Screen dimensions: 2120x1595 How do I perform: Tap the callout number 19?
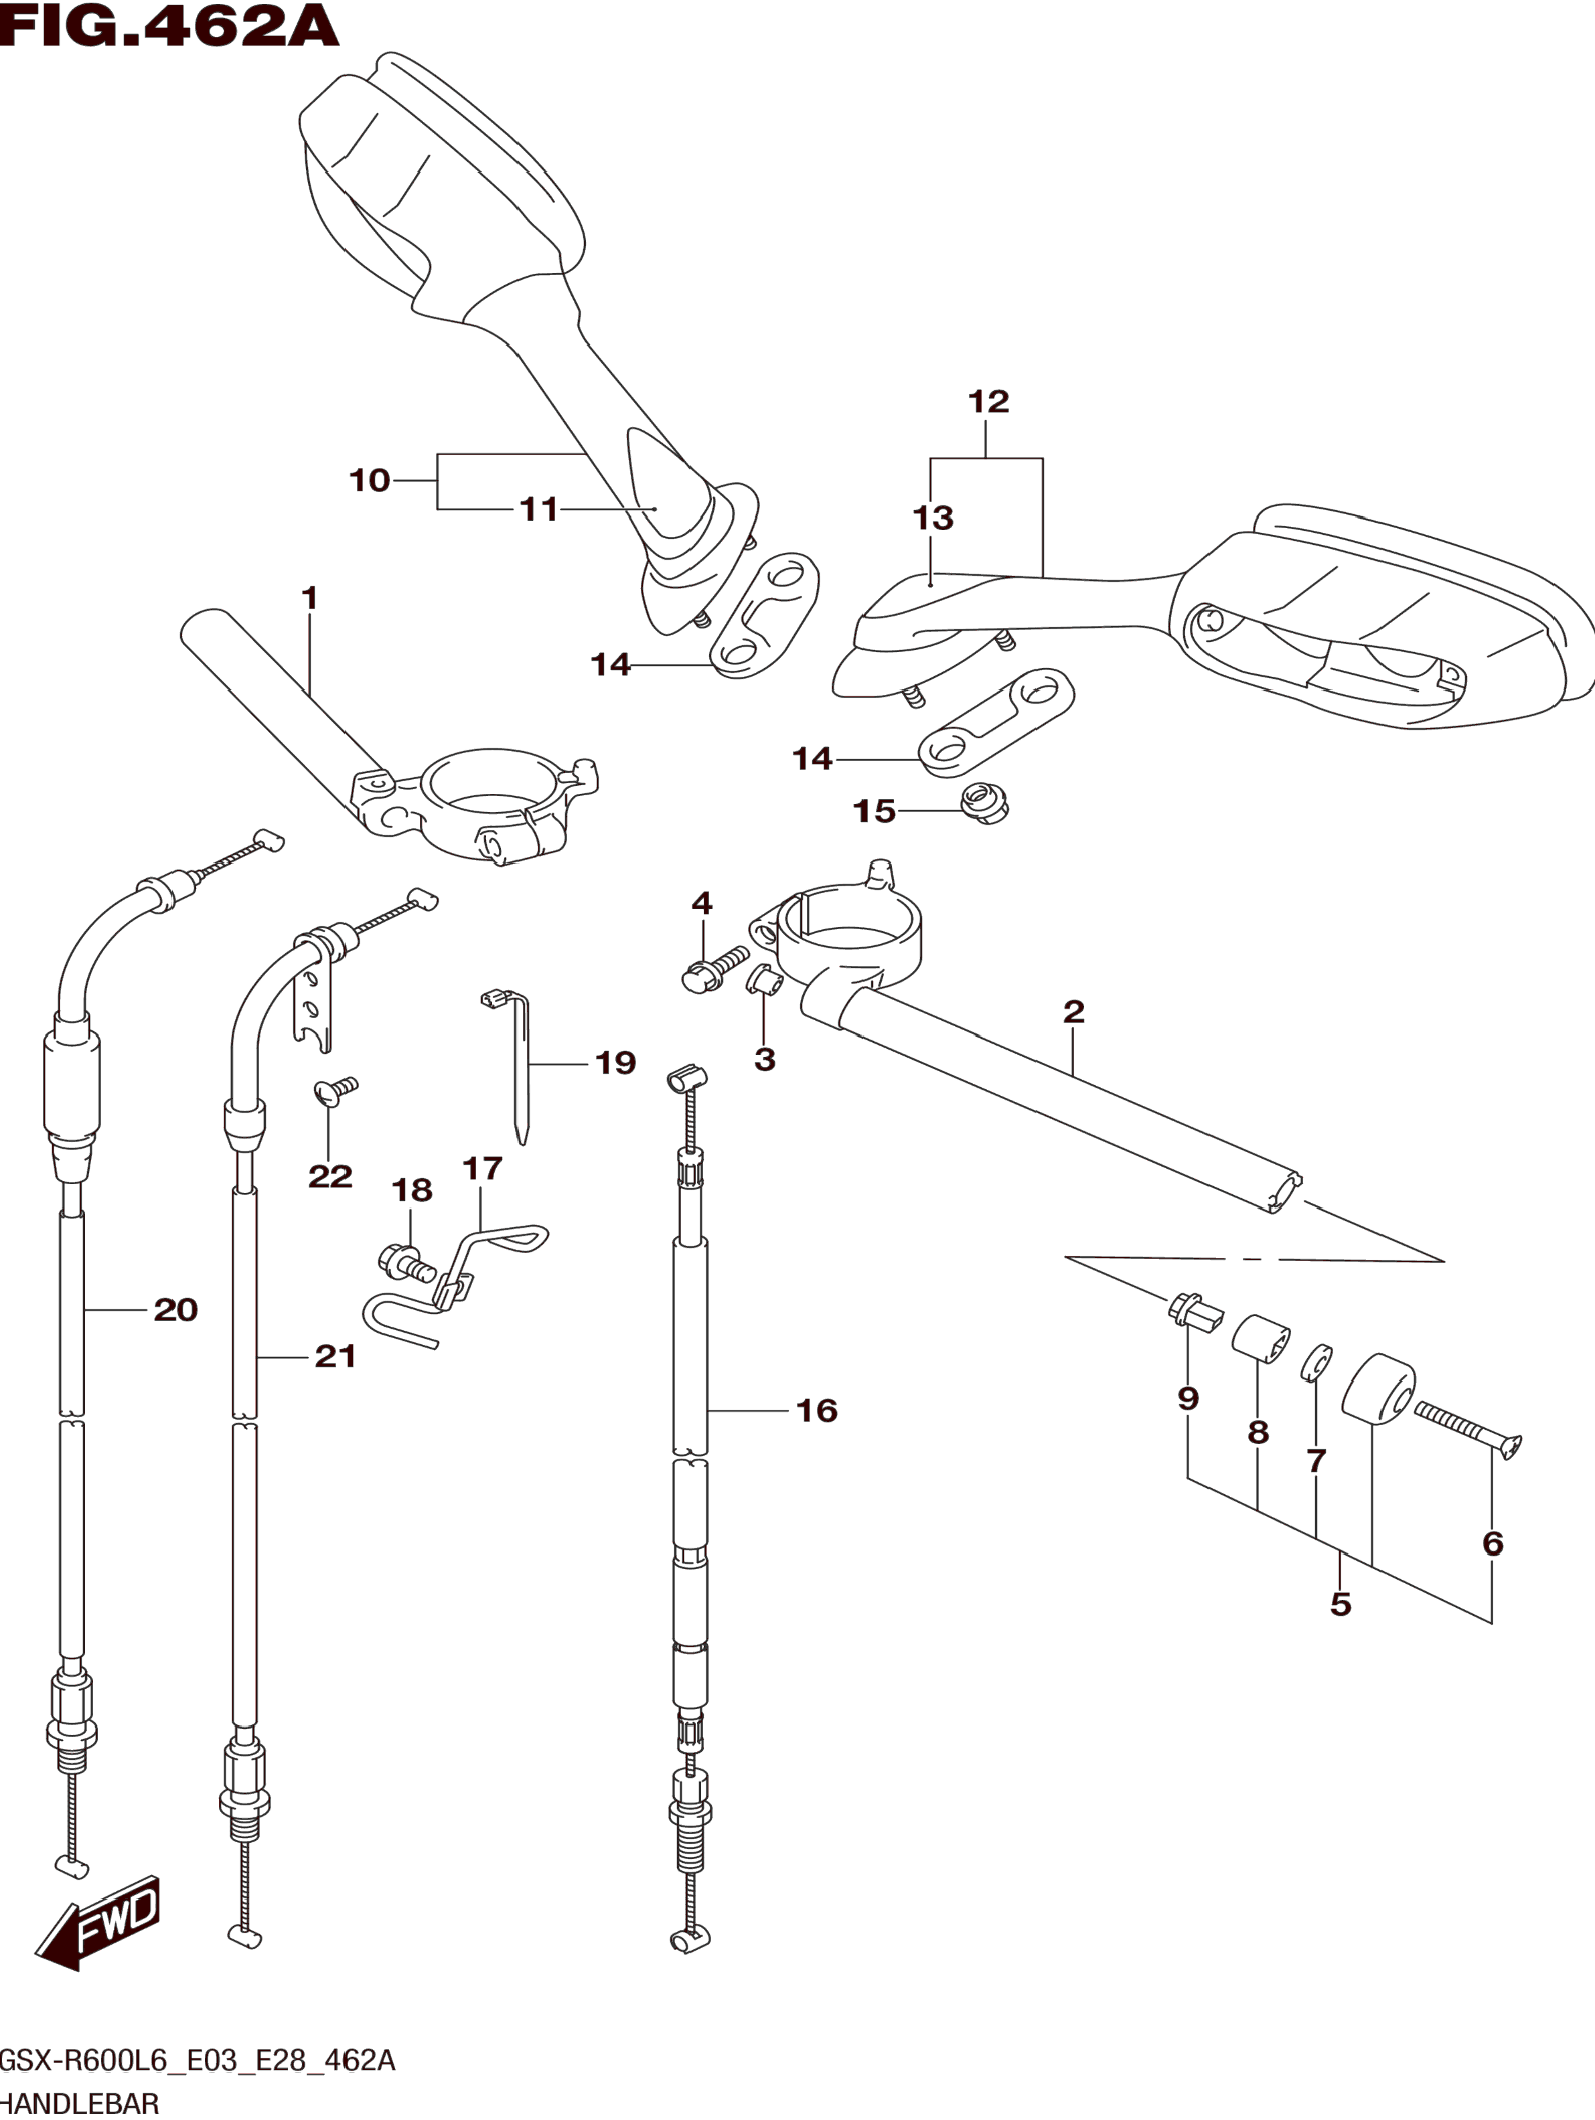[x=615, y=1063]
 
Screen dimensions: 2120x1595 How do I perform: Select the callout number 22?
[x=329, y=1176]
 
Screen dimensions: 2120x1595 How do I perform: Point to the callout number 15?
[x=875, y=812]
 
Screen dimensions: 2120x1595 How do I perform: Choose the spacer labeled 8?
[x=1260, y=1339]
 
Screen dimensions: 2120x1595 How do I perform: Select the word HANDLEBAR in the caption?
[x=78, y=2104]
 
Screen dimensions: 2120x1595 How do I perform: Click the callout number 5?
[x=1340, y=1603]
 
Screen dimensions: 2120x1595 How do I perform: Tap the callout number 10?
[x=369, y=480]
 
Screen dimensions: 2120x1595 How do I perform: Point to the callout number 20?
[x=175, y=1309]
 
